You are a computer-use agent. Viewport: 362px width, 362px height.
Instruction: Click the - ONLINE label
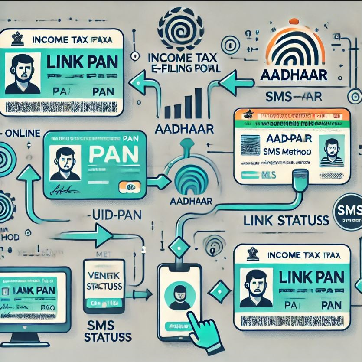[x=22, y=133]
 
